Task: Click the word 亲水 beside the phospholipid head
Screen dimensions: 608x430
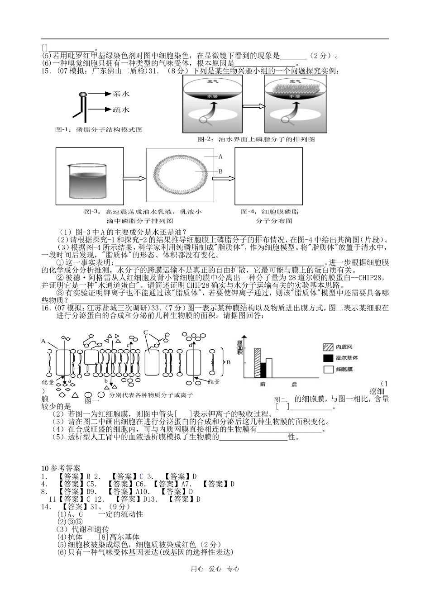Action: pos(121,94)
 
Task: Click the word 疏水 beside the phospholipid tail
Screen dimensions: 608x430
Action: pos(121,109)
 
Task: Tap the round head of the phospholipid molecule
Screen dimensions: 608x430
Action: pos(83,95)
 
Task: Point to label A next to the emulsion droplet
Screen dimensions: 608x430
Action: pos(221,157)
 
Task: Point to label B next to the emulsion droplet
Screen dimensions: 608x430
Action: pos(221,171)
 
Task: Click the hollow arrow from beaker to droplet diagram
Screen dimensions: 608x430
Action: pos(134,177)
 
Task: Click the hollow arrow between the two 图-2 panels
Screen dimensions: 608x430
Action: pos(253,106)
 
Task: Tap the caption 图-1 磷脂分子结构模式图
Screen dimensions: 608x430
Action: pos(99,129)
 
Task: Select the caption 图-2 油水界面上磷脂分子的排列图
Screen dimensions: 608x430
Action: pos(256,139)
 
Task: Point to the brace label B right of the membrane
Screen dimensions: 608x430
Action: pos(229,362)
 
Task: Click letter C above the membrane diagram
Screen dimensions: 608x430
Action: pos(146,333)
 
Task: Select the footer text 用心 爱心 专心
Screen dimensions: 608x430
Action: pos(215,569)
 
